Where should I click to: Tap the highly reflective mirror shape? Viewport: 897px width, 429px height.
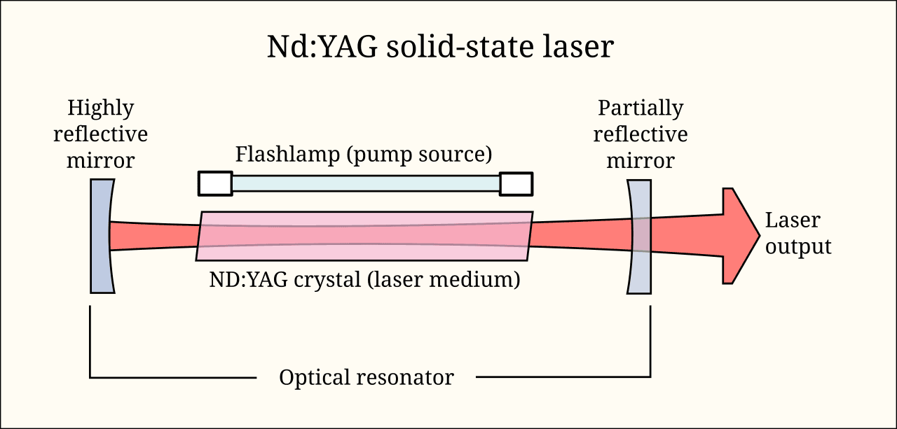coord(100,236)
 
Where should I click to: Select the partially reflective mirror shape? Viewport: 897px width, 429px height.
coord(641,236)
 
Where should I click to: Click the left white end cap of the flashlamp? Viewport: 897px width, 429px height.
coord(215,183)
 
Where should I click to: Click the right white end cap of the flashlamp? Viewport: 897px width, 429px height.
coord(516,183)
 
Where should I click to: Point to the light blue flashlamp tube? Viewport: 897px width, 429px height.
coord(365,183)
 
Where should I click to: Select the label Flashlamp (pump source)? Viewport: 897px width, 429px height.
coord(364,154)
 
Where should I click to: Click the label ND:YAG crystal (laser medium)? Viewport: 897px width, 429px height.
coord(364,280)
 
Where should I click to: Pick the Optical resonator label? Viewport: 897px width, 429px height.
coord(366,378)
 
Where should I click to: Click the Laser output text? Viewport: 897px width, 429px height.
coord(797,233)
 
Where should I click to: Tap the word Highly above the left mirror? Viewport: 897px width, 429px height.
coord(100,108)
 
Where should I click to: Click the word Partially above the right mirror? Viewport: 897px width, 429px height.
coord(641,108)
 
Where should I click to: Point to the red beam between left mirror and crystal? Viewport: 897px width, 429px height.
coord(154,236)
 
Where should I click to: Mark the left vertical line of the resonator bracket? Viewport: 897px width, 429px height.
coord(90,342)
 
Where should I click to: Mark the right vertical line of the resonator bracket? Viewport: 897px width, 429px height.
coord(651,342)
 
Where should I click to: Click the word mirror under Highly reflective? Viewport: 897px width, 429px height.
coord(100,161)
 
